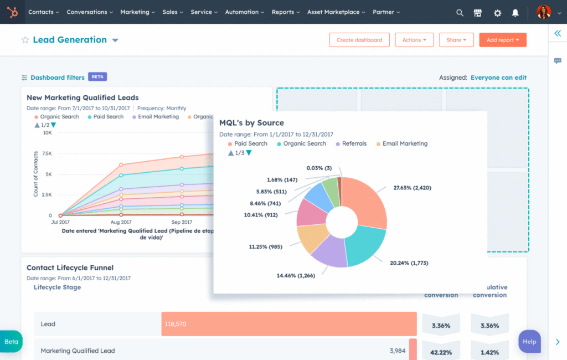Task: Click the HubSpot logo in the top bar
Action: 12,12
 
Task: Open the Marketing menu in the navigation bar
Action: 138,12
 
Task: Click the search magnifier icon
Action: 460,12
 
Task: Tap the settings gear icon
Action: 497,12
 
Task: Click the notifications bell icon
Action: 516,12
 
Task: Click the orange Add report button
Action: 502,40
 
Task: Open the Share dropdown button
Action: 456,40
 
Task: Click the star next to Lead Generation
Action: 25,40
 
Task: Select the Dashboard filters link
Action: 57,78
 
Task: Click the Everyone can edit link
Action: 498,78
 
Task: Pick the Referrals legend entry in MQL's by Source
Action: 354,143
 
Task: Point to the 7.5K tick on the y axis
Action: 47,153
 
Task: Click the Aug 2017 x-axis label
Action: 121,222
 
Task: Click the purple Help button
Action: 529,341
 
